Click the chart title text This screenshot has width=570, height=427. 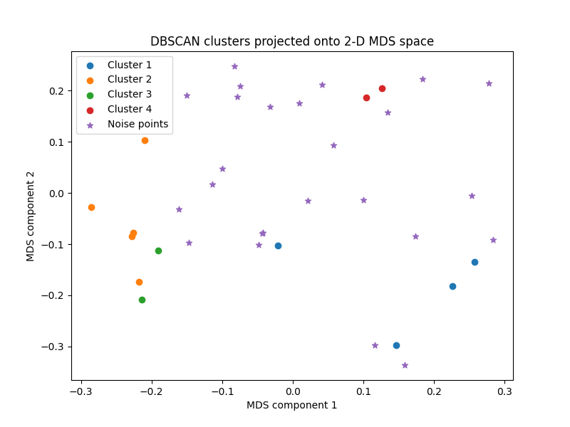291,41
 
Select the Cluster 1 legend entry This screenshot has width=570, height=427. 129,65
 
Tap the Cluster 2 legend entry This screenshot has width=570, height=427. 129,80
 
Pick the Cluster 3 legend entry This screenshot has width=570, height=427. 129,94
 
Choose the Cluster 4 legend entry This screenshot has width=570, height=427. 129,109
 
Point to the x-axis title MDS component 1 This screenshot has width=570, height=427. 291,405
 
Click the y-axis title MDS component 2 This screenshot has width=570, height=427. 31,216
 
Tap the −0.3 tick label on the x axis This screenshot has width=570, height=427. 81,391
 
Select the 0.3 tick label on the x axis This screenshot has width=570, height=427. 504,391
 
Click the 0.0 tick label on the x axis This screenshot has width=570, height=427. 293,391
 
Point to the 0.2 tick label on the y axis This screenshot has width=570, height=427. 56,91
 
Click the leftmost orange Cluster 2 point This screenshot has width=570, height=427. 91,207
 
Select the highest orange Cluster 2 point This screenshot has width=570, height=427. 145,140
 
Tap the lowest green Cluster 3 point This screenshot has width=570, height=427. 142,300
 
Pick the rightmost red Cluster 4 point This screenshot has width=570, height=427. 382,88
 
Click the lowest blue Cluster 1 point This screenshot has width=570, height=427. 396,345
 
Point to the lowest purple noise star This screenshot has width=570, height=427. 405,365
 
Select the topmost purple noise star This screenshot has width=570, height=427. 234,66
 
